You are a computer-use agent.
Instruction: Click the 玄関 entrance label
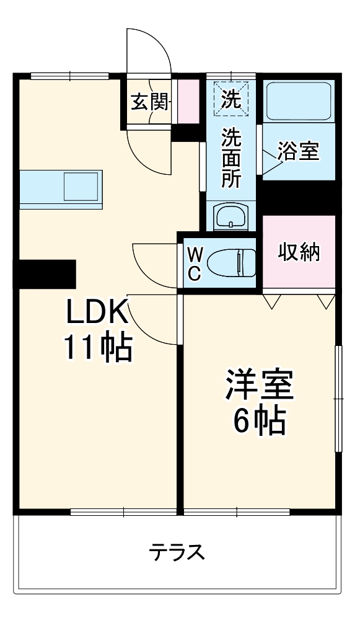149,102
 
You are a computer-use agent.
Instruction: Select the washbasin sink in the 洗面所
230,217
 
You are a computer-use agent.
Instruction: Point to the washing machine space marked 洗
230,99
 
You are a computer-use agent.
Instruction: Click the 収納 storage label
298,252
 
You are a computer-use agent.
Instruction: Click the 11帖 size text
97,348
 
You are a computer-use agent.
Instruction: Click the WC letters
194,263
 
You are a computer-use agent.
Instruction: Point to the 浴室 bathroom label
298,151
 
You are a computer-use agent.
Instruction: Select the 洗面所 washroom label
230,157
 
